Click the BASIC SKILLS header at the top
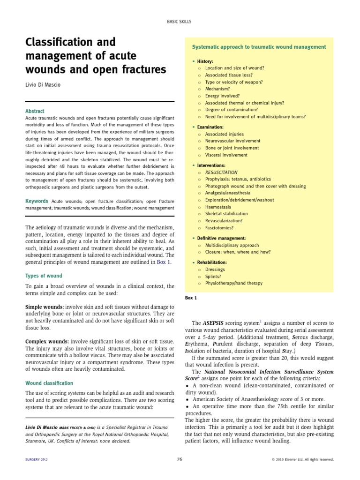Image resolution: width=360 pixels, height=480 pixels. pyautogui.click(x=180, y=22)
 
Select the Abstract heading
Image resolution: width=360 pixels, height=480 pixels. pyautogui.click(x=35, y=111)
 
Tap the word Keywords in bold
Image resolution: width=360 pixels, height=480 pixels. pyautogui.click(x=37, y=201)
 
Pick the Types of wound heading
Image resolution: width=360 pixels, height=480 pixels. pyautogui.click(x=44, y=276)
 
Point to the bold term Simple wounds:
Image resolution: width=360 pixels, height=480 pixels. pyautogui.click(x=45, y=306)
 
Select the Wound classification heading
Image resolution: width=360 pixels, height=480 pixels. pyautogui.click(x=49, y=383)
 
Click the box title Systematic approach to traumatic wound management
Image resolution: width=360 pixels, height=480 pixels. pyautogui.click(x=259, y=47)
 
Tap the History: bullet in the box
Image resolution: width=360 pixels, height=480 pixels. pyautogui.click(x=205, y=61)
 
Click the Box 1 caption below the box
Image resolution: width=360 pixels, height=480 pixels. pyautogui.click(x=192, y=298)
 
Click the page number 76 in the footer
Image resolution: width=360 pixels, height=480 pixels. pyautogui.click(x=180, y=459)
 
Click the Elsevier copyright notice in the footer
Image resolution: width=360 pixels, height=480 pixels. pyautogui.click(x=302, y=460)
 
